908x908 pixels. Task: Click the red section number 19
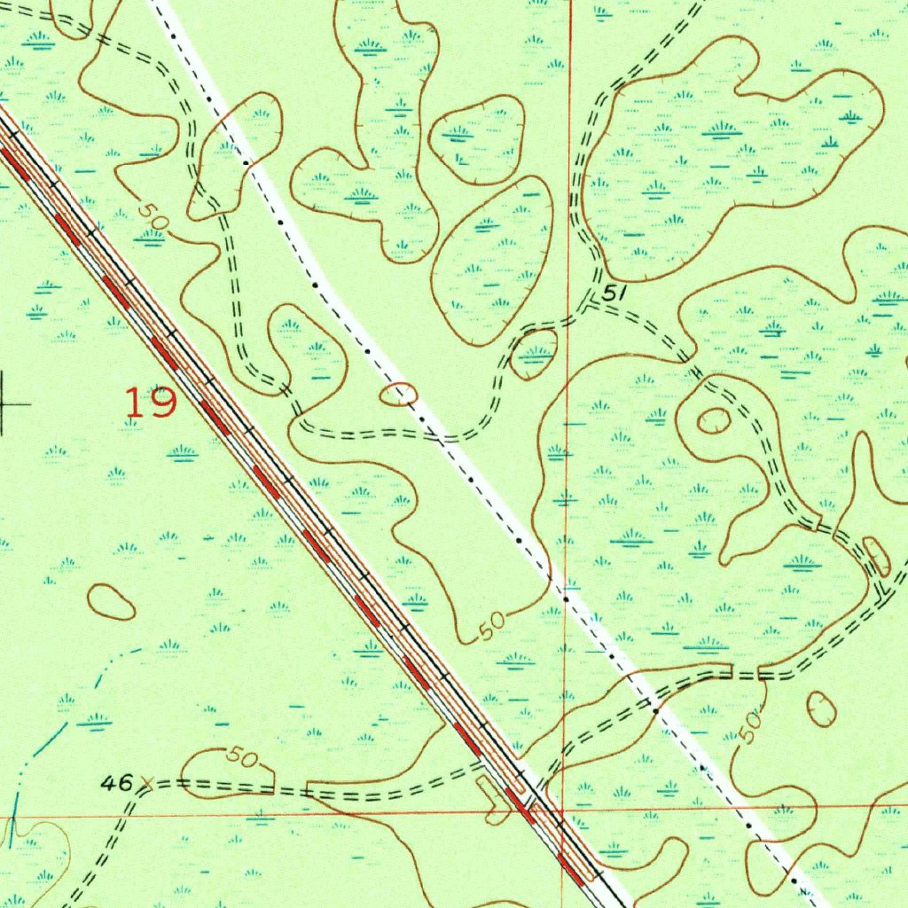point(150,403)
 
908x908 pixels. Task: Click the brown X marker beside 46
point(147,783)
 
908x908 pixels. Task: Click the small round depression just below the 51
point(535,354)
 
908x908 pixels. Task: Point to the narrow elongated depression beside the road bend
point(876,556)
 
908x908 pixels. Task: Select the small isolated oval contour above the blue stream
point(112,602)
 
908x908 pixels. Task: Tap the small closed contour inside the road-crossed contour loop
point(713,421)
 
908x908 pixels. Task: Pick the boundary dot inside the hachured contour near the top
point(246,163)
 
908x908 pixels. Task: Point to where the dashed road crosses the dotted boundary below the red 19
point(440,437)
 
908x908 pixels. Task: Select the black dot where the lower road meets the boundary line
point(655,710)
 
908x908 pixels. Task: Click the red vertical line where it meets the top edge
point(570,3)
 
